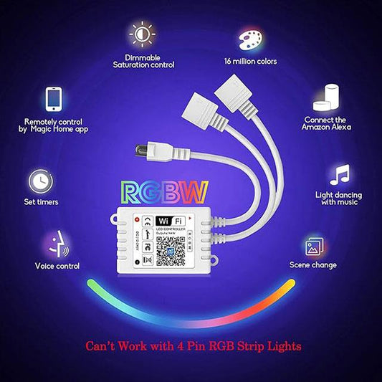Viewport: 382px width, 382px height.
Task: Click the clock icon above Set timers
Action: click(41, 180)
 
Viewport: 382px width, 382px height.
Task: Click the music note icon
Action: click(339, 175)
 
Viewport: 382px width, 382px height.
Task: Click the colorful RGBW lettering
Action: click(165, 192)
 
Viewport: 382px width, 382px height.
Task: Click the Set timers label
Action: click(41, 202)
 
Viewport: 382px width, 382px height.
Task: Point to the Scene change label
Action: click(314, 265)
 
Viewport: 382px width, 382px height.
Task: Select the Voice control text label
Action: click(57, 266)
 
